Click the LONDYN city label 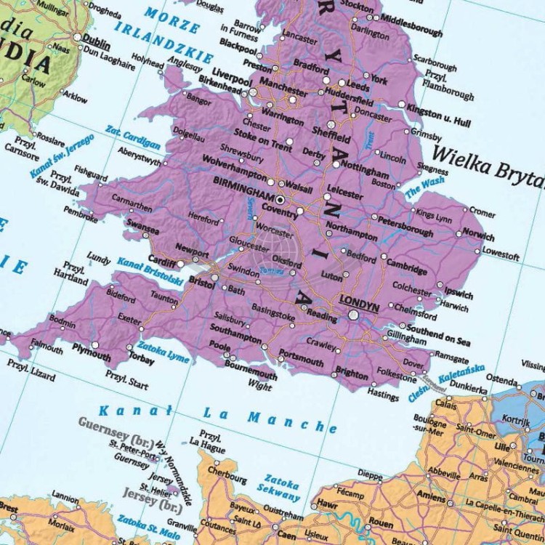point(360,307)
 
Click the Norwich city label point(478,236)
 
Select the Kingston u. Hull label point(439,116)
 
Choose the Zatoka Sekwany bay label point(280,487)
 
